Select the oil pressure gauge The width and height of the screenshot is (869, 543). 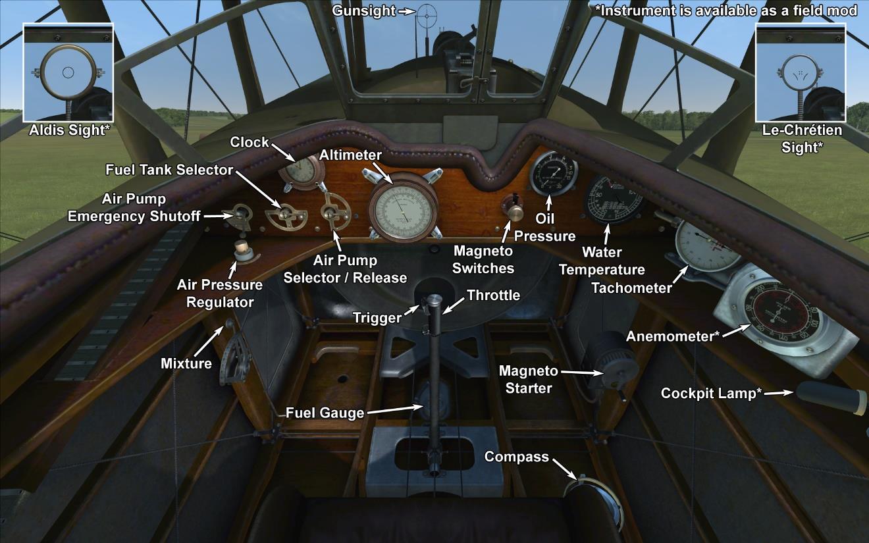click(x=552, y=172)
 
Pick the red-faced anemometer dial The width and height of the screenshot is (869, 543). click(x=783, y=309)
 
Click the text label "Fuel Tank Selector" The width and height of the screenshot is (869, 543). click(x=170, y=170)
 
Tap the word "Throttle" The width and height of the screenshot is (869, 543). click(x=493, y=295)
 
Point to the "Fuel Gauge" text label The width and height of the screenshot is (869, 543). click(x=325, y=413)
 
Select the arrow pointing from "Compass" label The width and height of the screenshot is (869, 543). click(x=565, y=467)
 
